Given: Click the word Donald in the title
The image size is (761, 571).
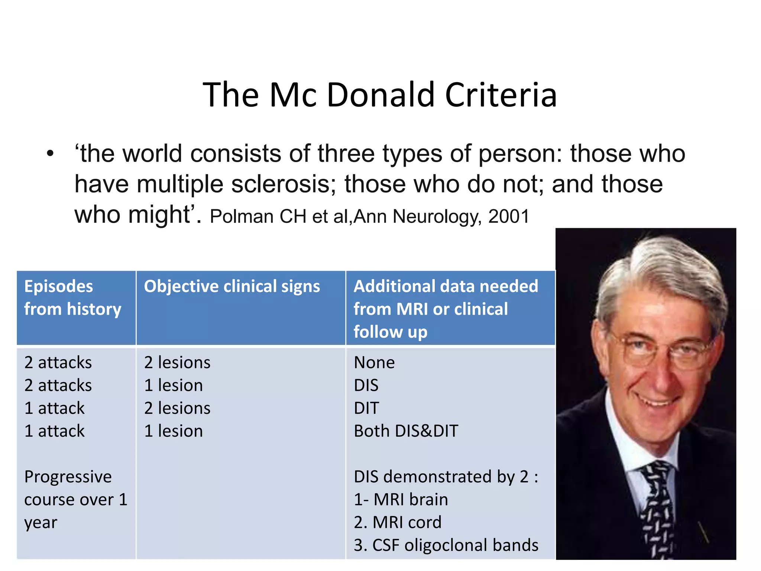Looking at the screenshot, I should click(380, 95).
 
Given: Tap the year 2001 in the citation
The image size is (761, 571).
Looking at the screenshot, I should click(509, 216).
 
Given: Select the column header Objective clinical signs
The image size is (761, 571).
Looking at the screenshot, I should click(232, 286).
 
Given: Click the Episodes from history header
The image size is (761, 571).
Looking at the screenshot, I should click(73, 297).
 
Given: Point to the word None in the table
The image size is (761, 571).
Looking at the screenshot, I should click(374, 362).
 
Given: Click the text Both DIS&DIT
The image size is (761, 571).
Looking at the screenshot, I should click(406, 431).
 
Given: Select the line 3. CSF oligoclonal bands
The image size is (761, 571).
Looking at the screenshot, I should click(446, 545).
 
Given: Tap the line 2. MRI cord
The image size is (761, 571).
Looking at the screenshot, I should click(398, 522).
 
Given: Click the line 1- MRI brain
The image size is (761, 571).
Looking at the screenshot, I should click(401, 500).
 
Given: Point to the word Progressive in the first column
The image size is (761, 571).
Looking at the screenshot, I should click(68, 477).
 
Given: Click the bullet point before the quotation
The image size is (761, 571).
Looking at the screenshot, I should click(50, 154).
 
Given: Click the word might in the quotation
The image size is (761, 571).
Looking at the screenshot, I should click(159, 215).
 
